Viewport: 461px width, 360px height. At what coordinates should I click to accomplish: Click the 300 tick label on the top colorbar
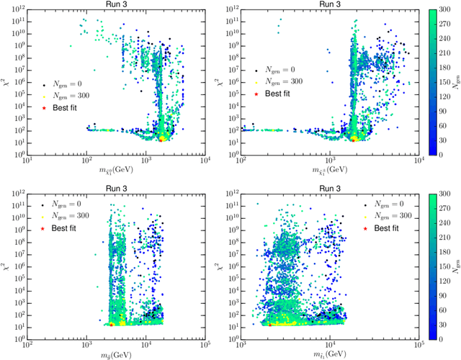point(444,10)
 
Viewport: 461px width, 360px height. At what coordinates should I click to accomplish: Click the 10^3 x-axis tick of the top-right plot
point(329,163)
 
